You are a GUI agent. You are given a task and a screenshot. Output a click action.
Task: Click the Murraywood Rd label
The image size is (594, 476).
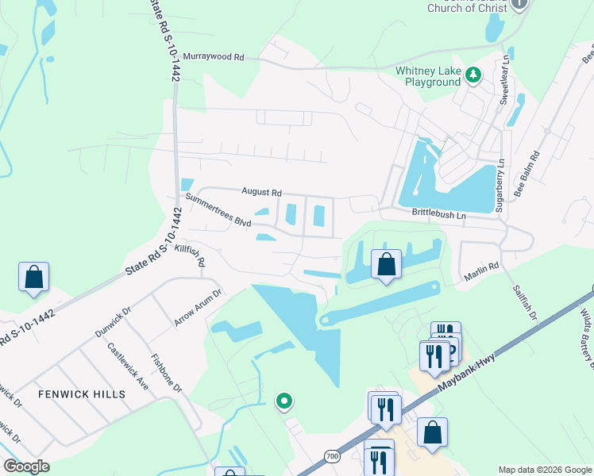click(x=213, y=57)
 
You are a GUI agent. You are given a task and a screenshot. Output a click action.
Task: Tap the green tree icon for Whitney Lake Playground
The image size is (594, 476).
click(x=473, y=75)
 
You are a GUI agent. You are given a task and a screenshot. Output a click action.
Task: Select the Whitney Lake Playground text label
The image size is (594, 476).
click(x=428, y=76)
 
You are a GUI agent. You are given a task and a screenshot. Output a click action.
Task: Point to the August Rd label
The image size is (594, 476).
click(x=263, y=192)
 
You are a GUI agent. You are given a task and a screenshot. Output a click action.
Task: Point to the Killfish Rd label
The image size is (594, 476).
click(x=190, y=255)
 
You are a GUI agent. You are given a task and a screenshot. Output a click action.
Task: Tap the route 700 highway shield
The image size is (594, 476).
click(x=332, y=455)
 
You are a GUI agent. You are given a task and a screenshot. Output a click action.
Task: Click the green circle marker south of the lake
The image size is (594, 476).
click(x=283, y=401)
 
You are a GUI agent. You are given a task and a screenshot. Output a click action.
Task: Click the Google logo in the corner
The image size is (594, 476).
click(x=26, y=466)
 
